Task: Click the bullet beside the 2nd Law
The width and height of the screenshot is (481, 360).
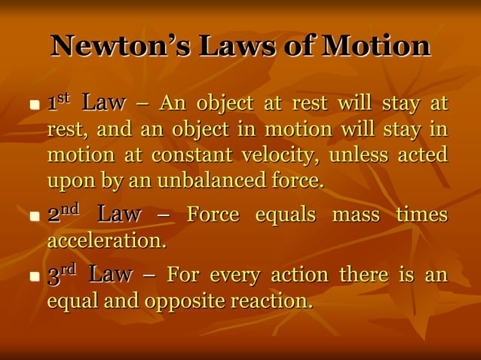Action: (x=34, y=217)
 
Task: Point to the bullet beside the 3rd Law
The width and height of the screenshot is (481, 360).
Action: (x=34, y=276)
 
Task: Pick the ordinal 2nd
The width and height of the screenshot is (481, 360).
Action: (x=63, y=215)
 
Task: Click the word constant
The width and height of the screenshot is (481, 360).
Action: (x=188, y=155)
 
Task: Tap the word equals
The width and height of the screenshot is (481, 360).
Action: (x=285, y=215)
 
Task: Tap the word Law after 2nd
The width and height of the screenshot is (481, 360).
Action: (x=119, y=215)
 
